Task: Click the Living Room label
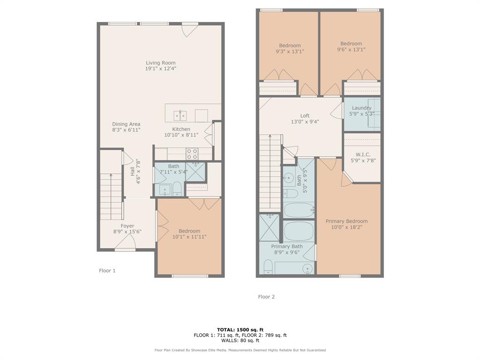tap(160, 63)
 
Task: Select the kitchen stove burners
tap(192, 154)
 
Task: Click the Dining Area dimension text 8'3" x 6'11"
tap(126, 130)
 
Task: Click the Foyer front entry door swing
tap(125, 241)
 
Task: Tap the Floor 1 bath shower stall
tap(195, 172)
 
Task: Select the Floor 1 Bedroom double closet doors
tap(204, 203)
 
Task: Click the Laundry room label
tap(361, 108)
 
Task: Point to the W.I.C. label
tap(363, 154)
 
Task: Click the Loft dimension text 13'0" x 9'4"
tap(305, 122)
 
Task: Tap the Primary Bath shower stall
tap(269, 227)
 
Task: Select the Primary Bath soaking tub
tap(299, 231)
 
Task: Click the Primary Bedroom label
tap(346, 221)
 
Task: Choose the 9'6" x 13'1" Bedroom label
tap(351, 44)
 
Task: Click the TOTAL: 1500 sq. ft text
tap(240, 330)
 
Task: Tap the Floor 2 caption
tap(266, 297)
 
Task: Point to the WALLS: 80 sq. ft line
tap(240, 341)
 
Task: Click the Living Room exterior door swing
tap(190, 30)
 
